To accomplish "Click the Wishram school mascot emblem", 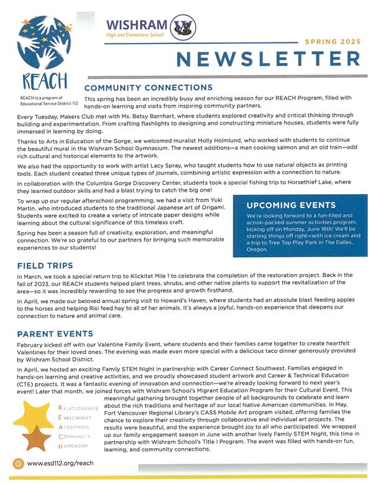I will coord(185,27).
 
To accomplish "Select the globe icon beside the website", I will coord(17,464).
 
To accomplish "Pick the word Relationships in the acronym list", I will coord(83,408).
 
